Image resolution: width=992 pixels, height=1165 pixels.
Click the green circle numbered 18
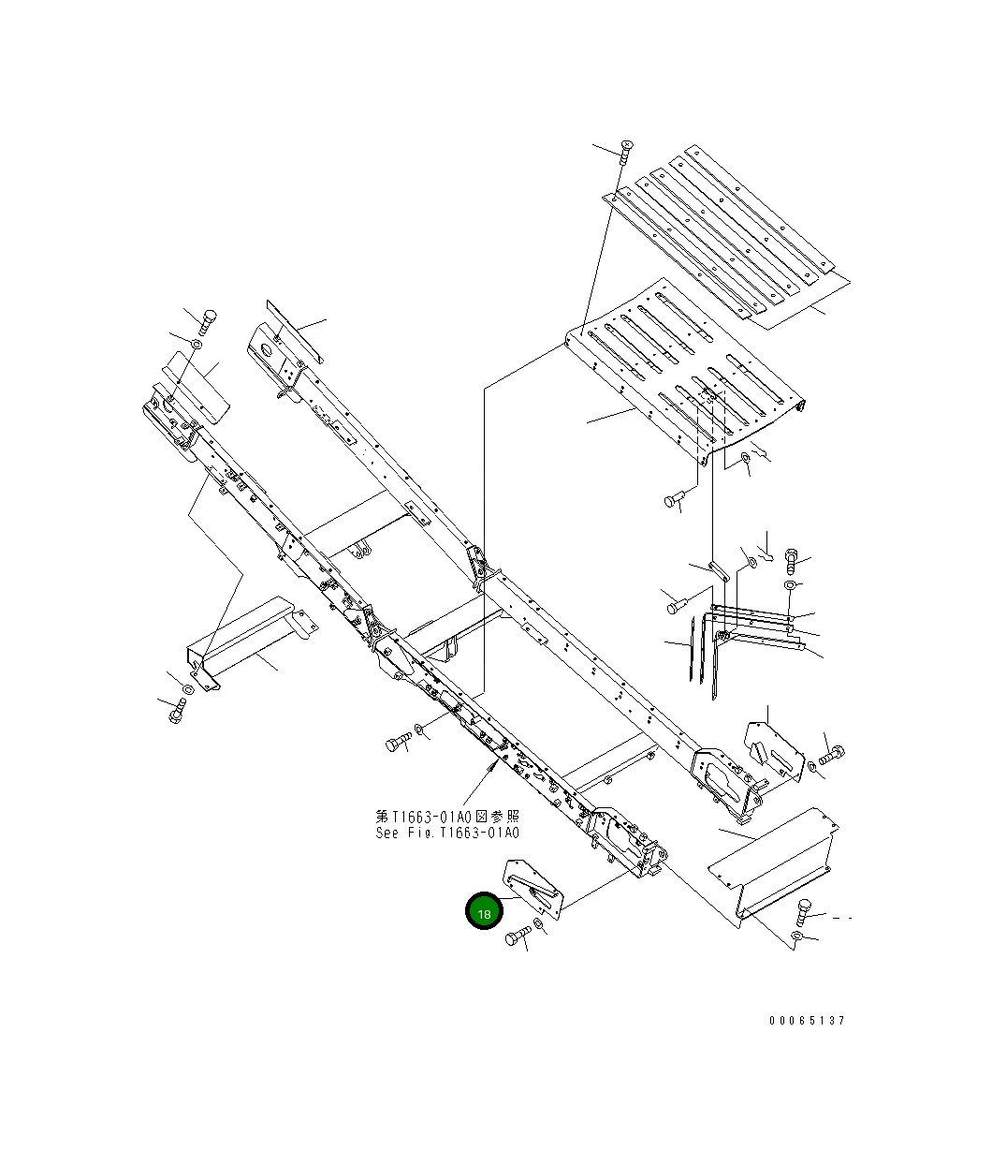[485, 911]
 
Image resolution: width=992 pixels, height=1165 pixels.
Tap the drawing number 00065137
[807, 1020]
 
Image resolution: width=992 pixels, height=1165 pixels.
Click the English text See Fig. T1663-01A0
[447, 833]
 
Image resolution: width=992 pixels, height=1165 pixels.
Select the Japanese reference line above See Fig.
[447, 817]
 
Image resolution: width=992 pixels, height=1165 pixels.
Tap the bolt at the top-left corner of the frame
[208, 320]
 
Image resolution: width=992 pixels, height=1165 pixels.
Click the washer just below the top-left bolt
[197, 347]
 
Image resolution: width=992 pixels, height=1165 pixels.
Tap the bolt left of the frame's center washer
[397, 744]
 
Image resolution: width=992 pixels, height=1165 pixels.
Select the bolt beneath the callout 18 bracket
[517, 936]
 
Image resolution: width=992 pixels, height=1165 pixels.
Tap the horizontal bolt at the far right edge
[831, 753]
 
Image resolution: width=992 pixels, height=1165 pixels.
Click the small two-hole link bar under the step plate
[719, 568]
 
